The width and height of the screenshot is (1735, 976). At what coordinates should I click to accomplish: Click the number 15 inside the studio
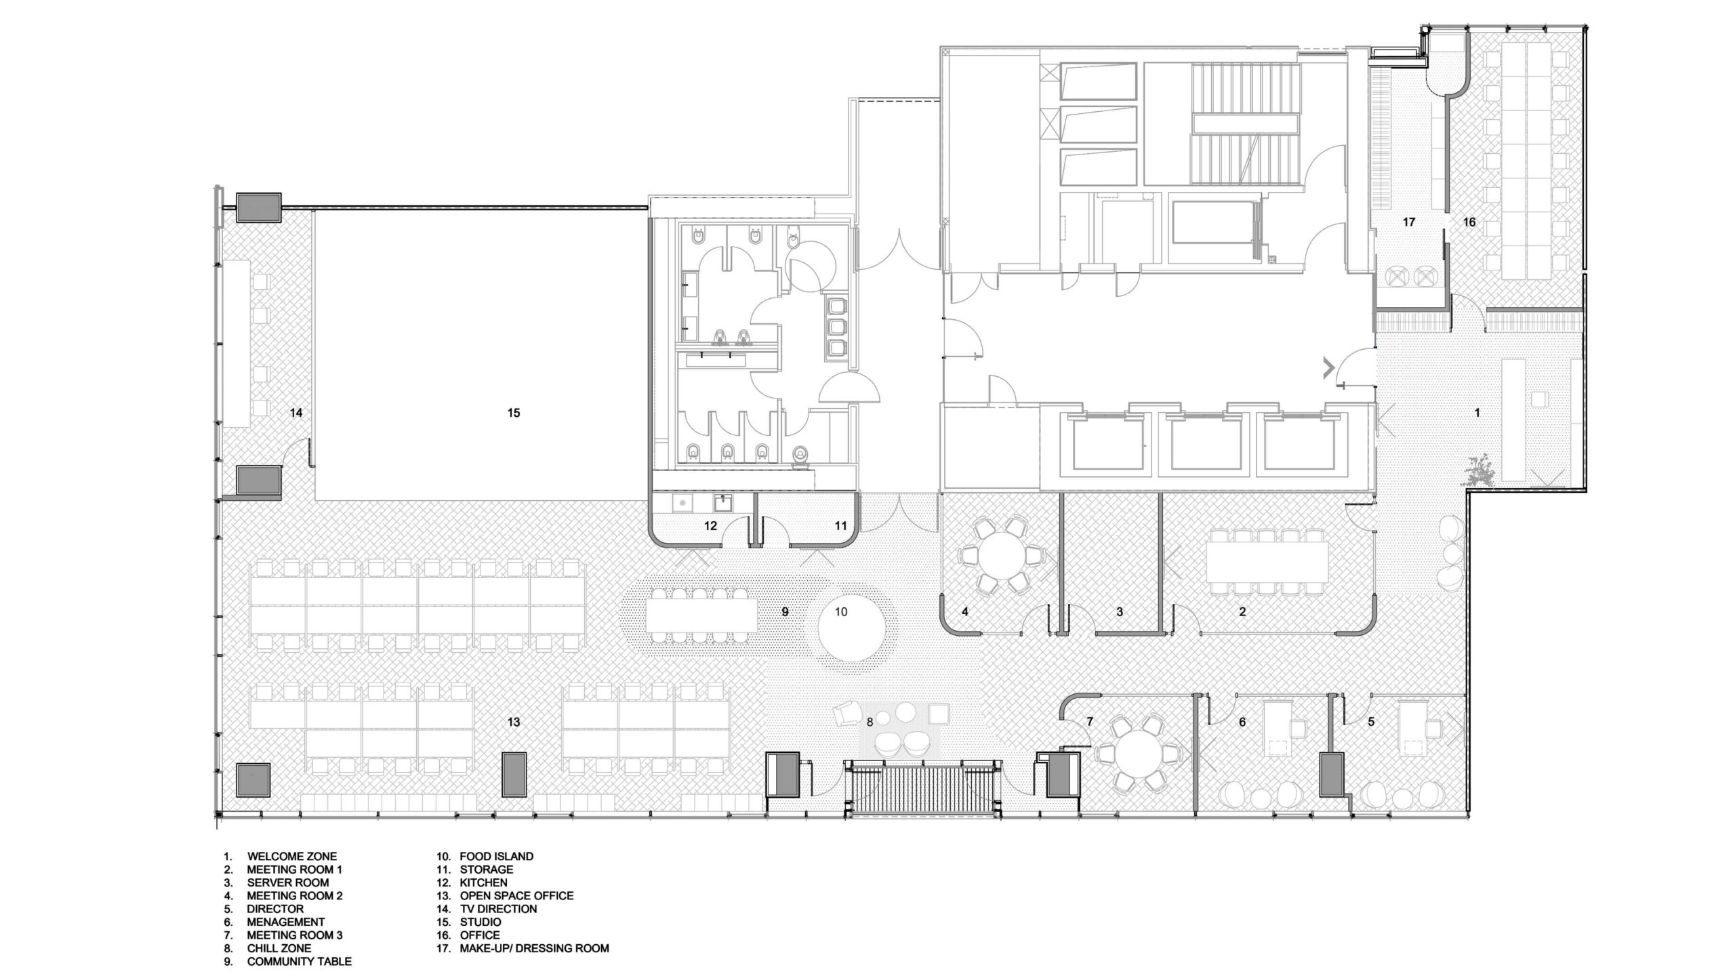[x=513, y=413]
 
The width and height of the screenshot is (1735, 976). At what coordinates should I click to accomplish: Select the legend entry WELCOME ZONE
[x=291, y=856]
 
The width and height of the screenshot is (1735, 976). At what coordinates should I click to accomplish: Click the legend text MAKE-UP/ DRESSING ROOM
[x=534, y=948]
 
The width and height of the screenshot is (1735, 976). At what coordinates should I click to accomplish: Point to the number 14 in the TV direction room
[x=295, y=413]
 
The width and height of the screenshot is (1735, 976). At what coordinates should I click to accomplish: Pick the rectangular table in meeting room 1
[x=1267, y=561]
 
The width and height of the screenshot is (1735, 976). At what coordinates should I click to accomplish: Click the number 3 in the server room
[x=1120, y=612]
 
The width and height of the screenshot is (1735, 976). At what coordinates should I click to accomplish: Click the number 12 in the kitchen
[x=710, y=525]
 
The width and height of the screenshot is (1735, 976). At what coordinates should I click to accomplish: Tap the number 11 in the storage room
[x=840, y=525]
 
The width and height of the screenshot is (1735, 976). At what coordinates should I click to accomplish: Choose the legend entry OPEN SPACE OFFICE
[x=516, y=895]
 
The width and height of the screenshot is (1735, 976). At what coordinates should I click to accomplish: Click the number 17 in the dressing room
[x=1409, y=222]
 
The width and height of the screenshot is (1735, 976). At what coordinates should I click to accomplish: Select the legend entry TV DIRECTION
[x=498, y=909]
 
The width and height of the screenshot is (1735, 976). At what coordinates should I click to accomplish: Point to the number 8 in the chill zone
[x=870, y=723]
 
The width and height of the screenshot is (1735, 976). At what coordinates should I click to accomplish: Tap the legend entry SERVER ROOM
[x=287, y=882]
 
